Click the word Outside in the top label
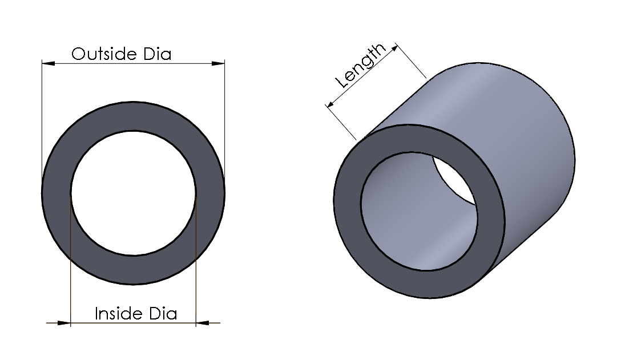(x=96, y=54)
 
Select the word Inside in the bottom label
(x=112, y=314)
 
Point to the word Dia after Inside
(x=163, y=314)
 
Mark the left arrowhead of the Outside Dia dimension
(x=49, y=63)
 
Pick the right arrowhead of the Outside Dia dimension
(x=218, y=63)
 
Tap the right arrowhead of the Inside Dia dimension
(x=203, y=323)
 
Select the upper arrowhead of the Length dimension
(x=393, y=48)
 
